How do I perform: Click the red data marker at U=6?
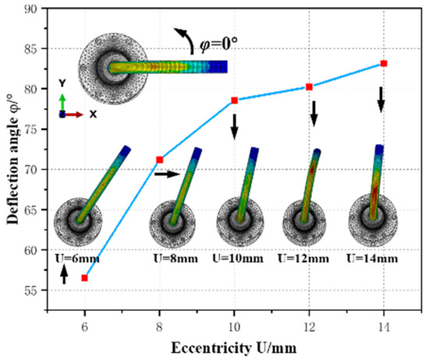pos(84,277)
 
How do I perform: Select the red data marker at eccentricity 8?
pos(160,160)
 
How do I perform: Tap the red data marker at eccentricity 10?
pos(234,101)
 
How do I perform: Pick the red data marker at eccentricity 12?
pos(310,86)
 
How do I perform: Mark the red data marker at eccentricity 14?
pos(384,63)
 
